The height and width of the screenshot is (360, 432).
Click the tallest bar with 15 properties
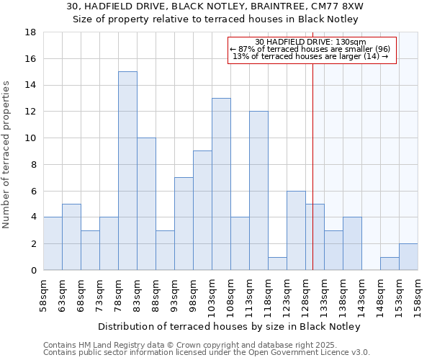click(x=127, y=171)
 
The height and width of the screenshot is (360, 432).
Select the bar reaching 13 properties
click(x=221, y=184)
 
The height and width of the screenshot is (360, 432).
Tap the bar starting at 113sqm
click(x=258, y=191)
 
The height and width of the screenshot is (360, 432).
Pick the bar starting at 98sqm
click(x=202, y=210)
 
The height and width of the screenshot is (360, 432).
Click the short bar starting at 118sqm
click(x=277, y=264)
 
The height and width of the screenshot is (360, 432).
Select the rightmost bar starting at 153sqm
click(x=408, y=257)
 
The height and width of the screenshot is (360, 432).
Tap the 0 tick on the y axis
click(x=33, y=270)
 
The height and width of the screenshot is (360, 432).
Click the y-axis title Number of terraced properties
click(x=7, y=154)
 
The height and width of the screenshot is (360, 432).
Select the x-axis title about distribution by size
click(x=228, y=326)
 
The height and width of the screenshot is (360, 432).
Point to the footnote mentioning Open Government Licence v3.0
click(x=206, y=352)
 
